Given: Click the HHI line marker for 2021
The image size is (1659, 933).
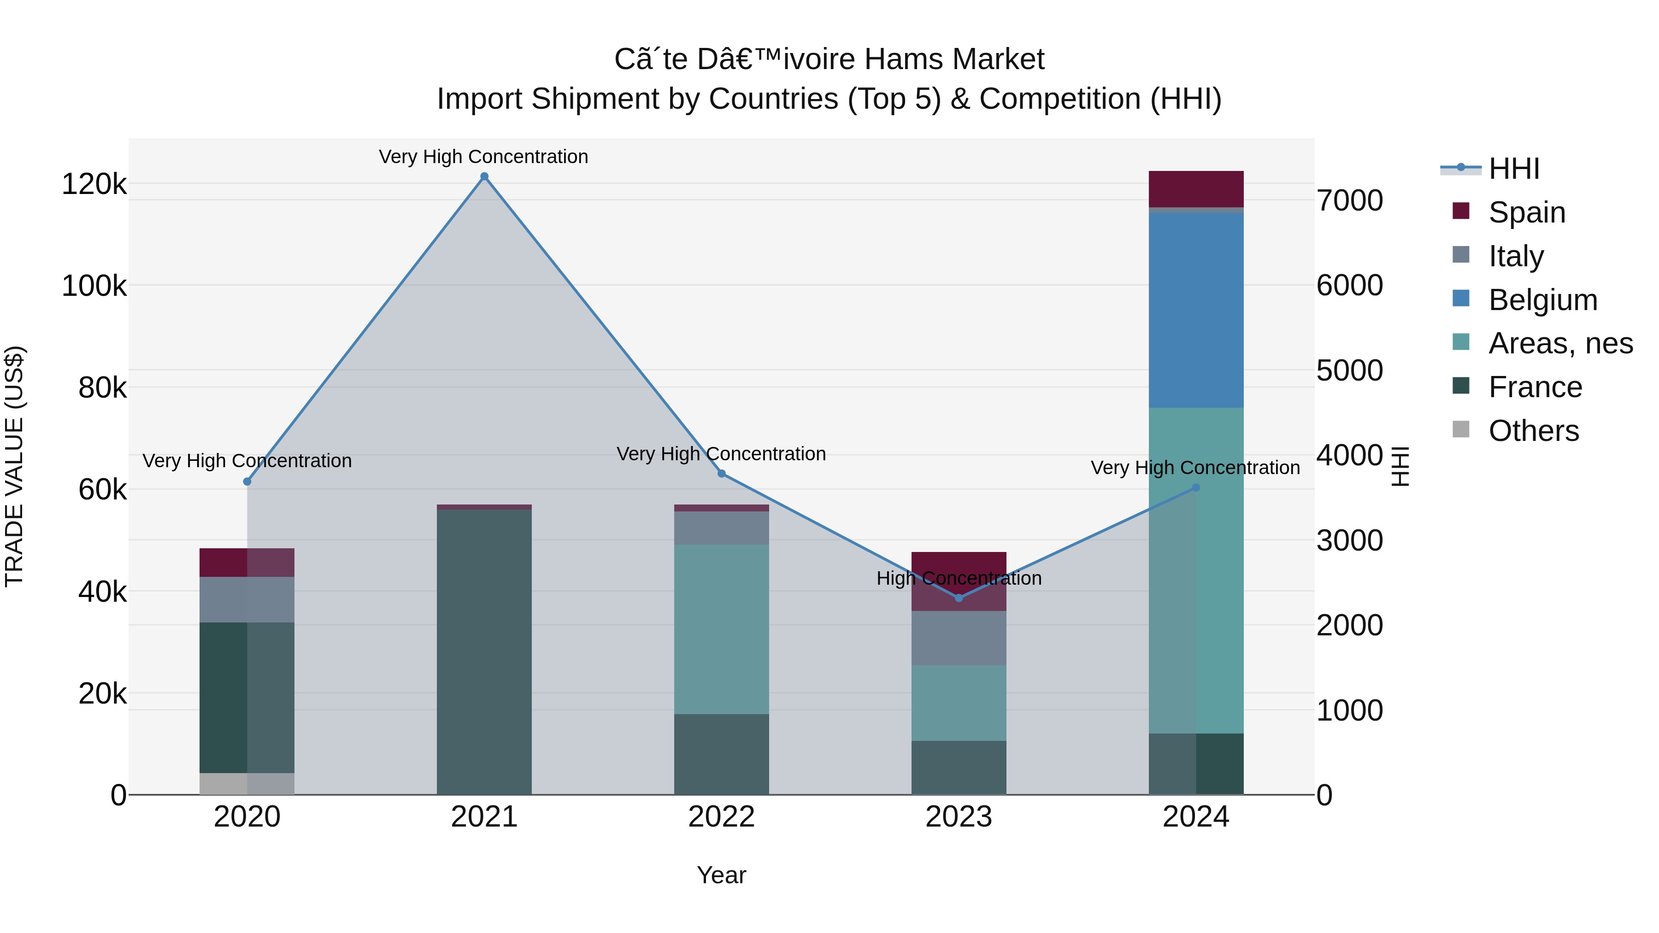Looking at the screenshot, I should [x=484, y=176].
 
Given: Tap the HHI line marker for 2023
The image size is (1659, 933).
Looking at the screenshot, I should [x=959, y=598].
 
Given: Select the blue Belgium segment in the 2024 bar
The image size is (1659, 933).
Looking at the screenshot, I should [x=1196, y=311].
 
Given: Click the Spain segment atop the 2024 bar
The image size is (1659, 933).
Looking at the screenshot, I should [x=1196, y=188].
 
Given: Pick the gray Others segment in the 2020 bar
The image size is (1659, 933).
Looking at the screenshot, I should [x=247, y=784].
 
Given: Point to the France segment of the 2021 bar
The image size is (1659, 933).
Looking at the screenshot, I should [x=484, y=650].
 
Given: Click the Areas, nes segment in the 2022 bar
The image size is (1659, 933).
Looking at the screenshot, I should [x=721, y=629].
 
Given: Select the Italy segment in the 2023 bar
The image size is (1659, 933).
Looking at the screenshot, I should [x=959, y=638].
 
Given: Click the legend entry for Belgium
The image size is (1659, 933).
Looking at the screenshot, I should [x=1542, y=300].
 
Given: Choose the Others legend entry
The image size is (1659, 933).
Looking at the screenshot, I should [x=1533, y=431].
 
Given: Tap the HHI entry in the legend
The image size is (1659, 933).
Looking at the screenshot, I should [x=1513, y=169].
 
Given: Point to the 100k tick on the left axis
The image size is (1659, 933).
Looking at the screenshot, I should [x=94, y=285].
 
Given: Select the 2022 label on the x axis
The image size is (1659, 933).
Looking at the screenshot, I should [x=721, y=817].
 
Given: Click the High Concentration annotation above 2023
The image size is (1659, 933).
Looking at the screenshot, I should [x=959, y=578].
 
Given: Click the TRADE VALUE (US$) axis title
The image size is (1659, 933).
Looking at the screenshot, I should [x=14, y=466].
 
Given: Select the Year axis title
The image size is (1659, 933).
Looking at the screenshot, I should [x=721, y=875].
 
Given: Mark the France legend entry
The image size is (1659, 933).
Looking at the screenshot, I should [x=1535, y=387].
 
